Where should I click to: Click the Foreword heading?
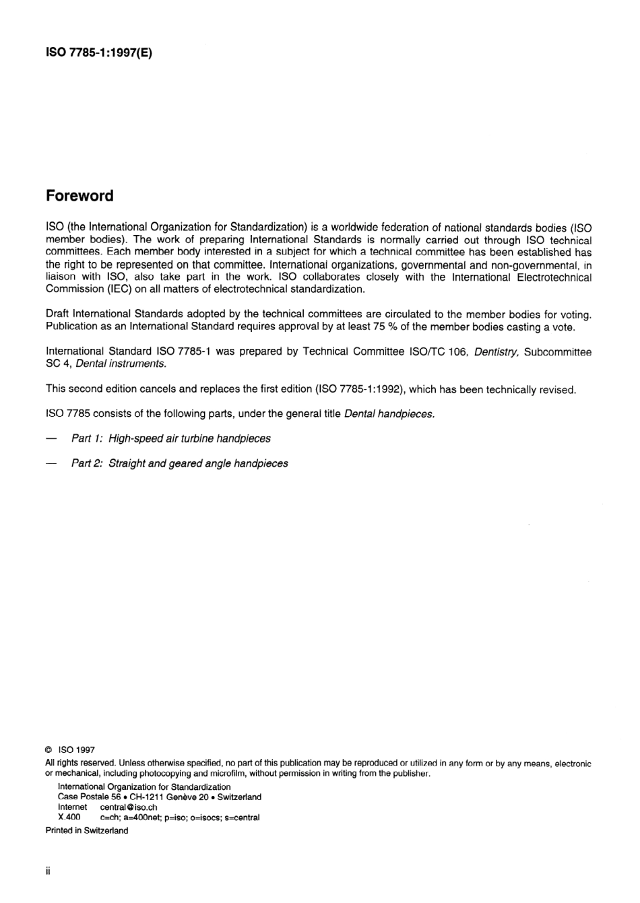pyautogui.click(x=79, y=196)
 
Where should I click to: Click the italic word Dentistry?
pyautogui.click(x=497, y=352)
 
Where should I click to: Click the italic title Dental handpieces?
pyautogui.click(x=389, y=414)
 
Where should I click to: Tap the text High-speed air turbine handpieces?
pyautogui.click(x=189, y=438)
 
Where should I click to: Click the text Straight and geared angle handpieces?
pyautogui.click(x=198, y=463)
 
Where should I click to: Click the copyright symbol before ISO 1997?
pyautogui.click(x=49, y=749)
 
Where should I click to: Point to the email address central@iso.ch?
pyautogui.click(x=129, y=807)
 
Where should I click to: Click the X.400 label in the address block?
pyautogui.click(x=69, y=817)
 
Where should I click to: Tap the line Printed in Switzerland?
pyautogui.click(x=86, y=830)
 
